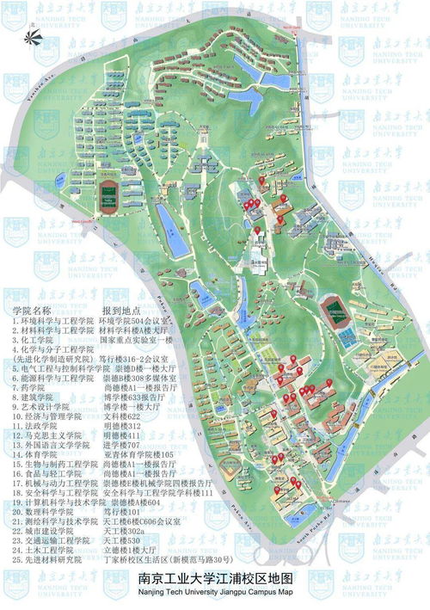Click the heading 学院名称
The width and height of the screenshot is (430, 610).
[34, 310]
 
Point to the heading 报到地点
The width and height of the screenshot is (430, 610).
[121, 310]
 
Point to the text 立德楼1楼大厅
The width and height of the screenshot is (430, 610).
[126, 551]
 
